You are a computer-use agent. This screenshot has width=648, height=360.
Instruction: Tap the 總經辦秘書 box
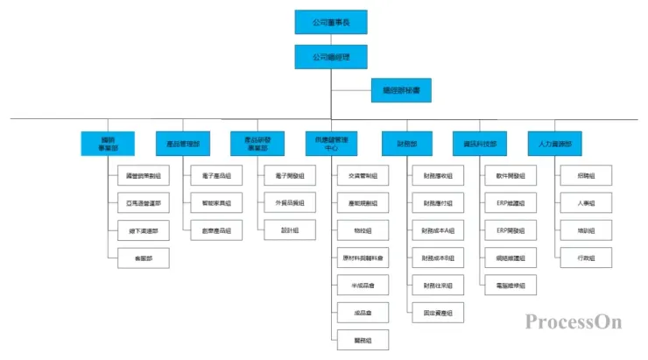point(401,90)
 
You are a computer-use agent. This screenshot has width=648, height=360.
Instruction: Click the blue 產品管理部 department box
point(183,143)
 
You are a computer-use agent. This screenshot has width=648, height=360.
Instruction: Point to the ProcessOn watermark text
point(574,321)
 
